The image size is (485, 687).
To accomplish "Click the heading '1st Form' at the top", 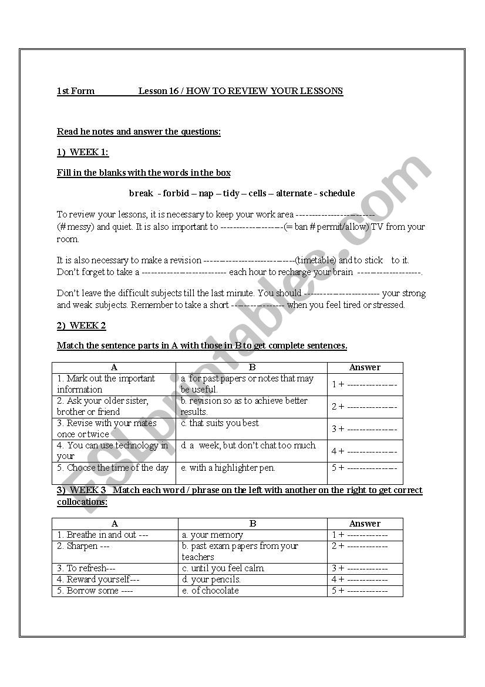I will point(76,91).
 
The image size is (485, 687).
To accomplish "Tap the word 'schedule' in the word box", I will point(337,193).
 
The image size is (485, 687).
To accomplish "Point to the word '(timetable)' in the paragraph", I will point(316,260).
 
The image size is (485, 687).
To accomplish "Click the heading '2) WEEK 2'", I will point(82,326).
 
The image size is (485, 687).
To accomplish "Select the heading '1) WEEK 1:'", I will point(83,152).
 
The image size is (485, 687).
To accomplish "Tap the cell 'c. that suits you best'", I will point(220,423).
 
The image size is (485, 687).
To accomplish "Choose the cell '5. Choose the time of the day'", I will point(113,468).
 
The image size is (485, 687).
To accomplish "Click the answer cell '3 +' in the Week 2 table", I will point(365,429).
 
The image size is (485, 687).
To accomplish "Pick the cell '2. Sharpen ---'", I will point(84,546).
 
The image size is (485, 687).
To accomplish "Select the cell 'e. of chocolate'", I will point(210,591).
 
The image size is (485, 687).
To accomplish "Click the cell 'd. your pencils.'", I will point(211,579).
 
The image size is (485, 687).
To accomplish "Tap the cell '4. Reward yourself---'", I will point(99,579).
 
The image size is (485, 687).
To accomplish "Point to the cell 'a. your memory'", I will point(212,535).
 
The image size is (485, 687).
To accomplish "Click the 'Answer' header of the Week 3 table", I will point(365,524).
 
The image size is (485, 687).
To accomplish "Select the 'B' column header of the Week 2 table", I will point(252,367).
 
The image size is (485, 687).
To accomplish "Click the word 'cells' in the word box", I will point(258,193).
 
